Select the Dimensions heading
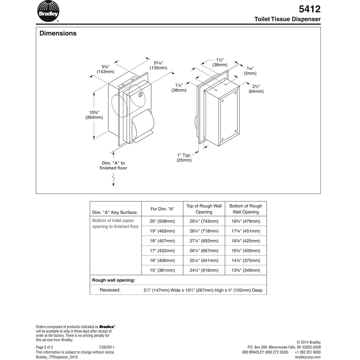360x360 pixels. [58, 33]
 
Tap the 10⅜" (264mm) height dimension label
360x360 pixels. [94, 115]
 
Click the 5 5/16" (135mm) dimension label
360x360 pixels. [158, 65]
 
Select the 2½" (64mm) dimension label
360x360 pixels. [256, 89]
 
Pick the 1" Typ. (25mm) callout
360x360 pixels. [184, 157]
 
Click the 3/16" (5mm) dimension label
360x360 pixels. [250, 71]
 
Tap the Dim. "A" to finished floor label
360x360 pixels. [113, 166]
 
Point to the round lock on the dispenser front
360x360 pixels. [140, 95]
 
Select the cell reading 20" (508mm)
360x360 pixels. [162, 221]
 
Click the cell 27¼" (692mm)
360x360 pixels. [204, 241]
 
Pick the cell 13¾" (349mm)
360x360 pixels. [245, 270]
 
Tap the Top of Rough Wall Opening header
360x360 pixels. [204, 209]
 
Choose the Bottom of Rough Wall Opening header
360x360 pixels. [246, 209]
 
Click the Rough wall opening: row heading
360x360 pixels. [113, 280]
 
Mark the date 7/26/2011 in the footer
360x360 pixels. [106, 347]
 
